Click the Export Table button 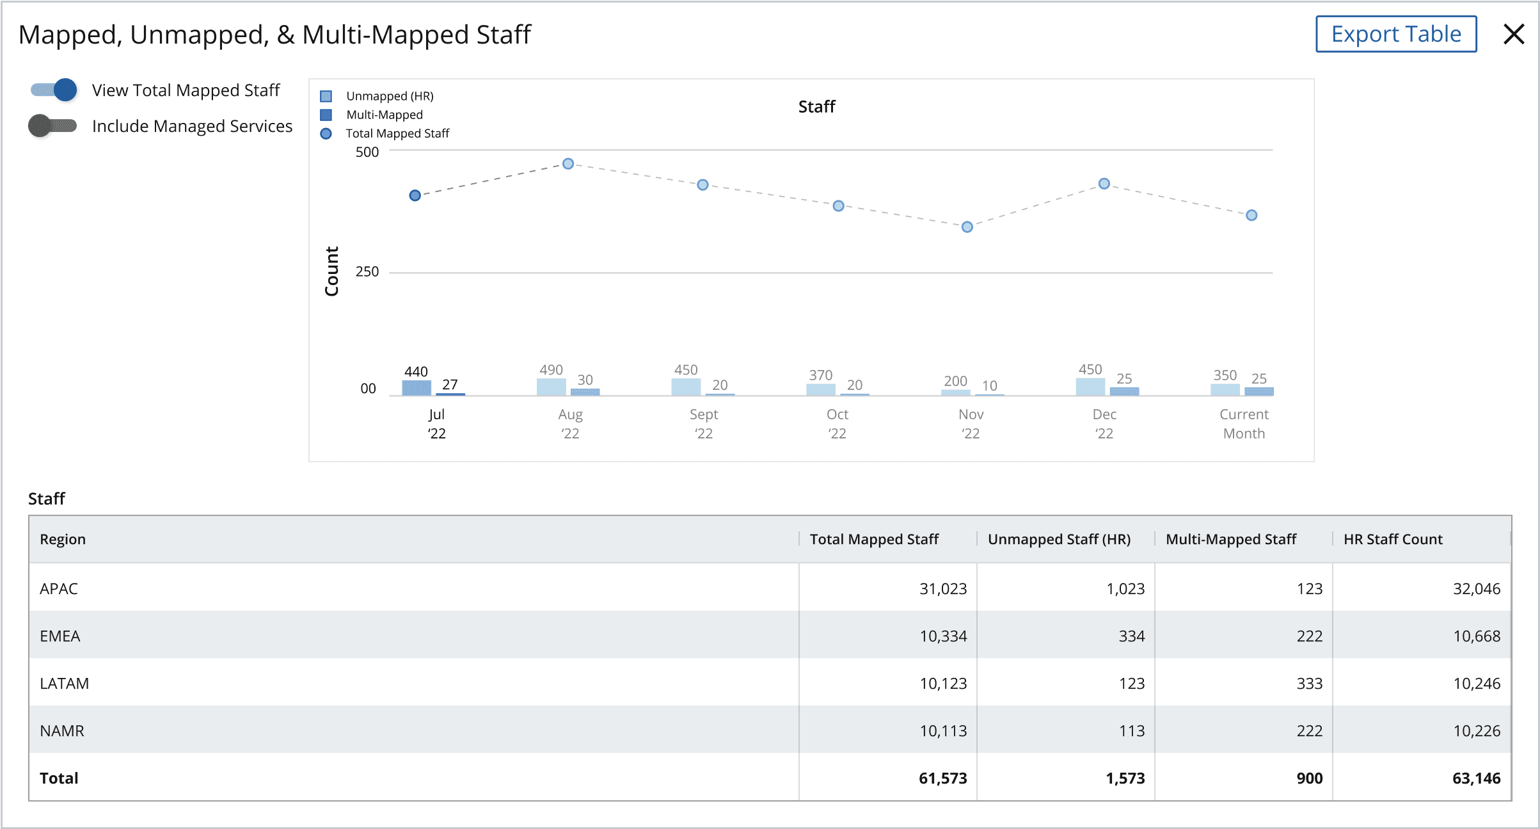point(1395,34)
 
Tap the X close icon point(1514,34)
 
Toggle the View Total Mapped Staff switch point(54,90)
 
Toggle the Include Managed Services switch point(52,125)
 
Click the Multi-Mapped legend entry point(372,115)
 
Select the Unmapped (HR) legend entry point(377,96)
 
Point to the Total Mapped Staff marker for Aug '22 point(568,164)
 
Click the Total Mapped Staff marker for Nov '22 point(967,227)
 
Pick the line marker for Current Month point(1251,215)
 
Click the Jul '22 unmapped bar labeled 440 point(417,388)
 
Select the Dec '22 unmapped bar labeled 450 point(1090,387)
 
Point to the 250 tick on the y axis point(367,271)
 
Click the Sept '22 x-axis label point(704,424)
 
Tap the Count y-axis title point(331,271)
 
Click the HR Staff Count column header point(1393,539)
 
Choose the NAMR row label point(62,730)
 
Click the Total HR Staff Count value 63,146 point(1476,778)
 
